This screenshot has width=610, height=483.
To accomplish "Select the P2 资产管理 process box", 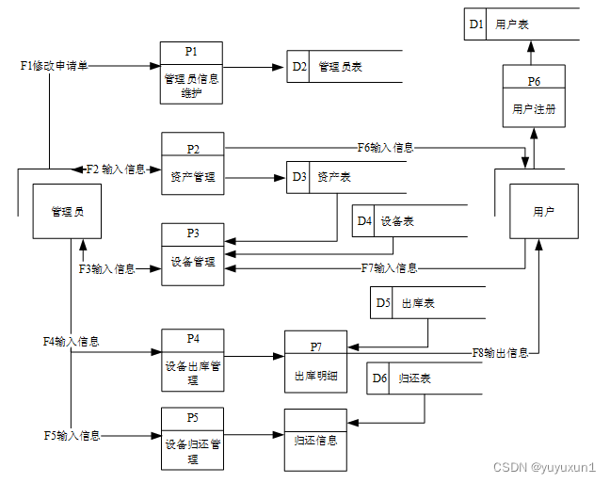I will [x=192, y=163].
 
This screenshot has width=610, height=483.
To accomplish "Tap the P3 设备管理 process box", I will [x=192, y=249].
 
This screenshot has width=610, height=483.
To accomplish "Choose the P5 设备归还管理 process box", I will [x=192, y=438].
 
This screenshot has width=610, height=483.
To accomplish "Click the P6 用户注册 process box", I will [x=534, y=96].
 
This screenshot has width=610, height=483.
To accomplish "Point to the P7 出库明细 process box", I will [x=316, y=362].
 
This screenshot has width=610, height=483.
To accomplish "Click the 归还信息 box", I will [x=316, y=439].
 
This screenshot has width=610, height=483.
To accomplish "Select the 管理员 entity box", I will [x=67, y=212].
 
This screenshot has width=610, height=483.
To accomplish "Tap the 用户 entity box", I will [x=543, y=212].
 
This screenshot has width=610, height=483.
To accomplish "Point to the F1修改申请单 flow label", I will [x=54, y=66].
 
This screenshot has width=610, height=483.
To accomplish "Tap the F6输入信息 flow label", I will [x=385, y=147].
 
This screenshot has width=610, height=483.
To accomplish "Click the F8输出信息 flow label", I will [x=500, y=353].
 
